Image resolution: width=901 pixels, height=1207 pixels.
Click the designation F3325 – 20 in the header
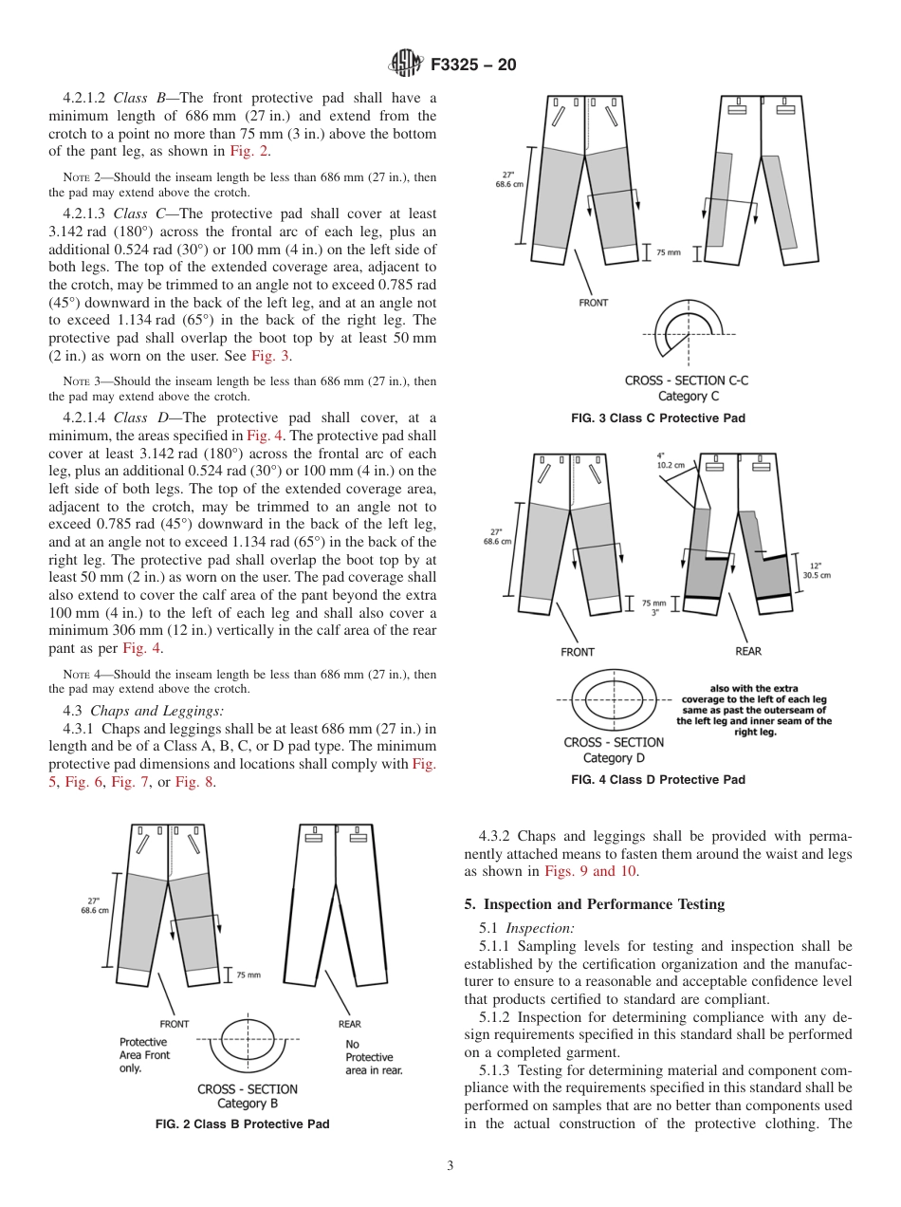click(473, 65)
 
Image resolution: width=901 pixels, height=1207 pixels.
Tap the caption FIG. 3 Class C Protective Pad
click(657, 418)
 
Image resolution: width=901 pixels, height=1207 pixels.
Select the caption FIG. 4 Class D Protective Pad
click(657, 780)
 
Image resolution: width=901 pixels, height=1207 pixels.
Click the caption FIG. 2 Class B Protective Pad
click(243, 1124)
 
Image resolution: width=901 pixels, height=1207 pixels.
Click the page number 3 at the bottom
click(450, 1166)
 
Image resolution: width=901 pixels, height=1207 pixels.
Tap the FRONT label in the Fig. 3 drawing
click(593, 303)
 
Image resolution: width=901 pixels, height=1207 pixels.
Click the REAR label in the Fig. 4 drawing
click(748, 652)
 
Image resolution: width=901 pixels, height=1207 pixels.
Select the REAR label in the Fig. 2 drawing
click(349, 1024)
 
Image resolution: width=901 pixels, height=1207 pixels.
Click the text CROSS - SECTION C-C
click(686, 381)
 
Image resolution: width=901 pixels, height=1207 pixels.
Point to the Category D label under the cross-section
click(614, 758)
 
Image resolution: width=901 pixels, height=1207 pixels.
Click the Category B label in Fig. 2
click(248, 1104)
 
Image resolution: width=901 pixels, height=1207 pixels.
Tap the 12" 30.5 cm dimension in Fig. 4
click(816, 570)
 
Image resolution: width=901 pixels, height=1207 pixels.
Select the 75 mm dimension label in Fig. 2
click(248, 975)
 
